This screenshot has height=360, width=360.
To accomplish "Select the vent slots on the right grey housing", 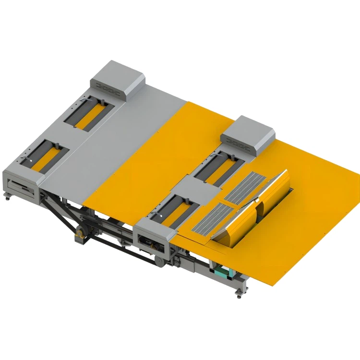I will click(x=240, y=142).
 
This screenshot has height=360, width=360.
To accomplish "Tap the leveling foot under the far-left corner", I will click(x=8, y=195).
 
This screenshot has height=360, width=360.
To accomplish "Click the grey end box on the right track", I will click(x=153, y=238).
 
